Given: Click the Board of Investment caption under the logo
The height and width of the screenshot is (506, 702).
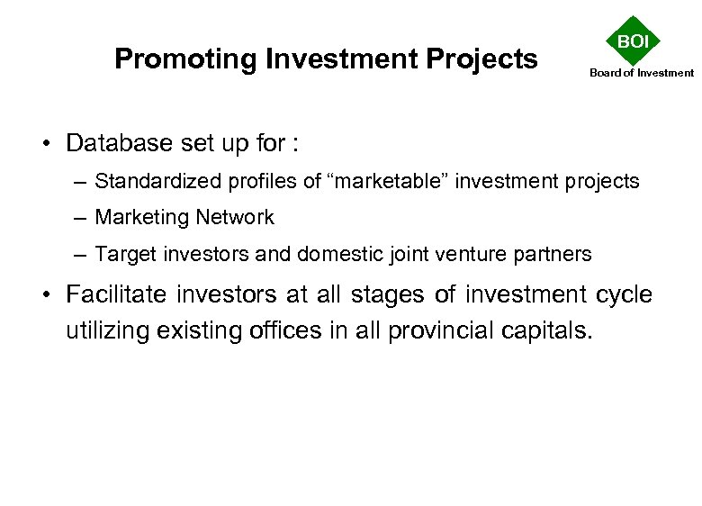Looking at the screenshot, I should click(x=642, y=73).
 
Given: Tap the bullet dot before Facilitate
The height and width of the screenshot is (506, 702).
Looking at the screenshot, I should click(x=49, y=295).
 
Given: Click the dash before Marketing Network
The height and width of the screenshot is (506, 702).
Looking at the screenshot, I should click(x=81, y=218).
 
